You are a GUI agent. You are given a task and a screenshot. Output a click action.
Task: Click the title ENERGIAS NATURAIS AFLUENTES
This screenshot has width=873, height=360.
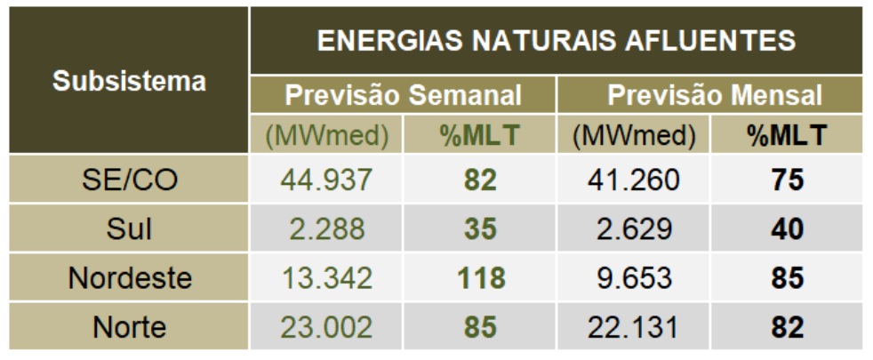coord(556,41)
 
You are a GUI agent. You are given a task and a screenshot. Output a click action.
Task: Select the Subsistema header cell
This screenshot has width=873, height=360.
coord(129,82)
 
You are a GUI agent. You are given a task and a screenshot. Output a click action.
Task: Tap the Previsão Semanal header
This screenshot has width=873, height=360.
coord(403,95)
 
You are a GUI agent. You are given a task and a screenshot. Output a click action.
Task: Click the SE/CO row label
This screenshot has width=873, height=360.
coord(129,180)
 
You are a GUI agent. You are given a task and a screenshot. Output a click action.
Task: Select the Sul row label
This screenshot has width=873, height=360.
coord(129,229)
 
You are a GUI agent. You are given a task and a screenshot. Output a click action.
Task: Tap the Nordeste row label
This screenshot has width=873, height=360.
coord(129,278)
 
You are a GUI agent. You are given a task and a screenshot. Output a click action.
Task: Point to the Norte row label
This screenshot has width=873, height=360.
coord(129,327)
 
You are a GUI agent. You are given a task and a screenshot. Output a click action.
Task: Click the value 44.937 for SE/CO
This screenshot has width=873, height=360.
coord(327,180)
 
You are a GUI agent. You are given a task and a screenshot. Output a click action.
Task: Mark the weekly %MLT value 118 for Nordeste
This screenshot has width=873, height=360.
coord(480,278)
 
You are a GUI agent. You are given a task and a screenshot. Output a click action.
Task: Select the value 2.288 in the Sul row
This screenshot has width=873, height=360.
coord(327,229)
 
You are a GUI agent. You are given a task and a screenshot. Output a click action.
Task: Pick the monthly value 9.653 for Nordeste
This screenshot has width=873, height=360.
coord(633,278)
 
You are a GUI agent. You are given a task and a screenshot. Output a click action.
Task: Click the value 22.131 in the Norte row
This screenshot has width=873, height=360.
coord(633,327)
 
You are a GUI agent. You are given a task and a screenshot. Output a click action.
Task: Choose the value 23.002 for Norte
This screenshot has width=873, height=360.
coord(327,327)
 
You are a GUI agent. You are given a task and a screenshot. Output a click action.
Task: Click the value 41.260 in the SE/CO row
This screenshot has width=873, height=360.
coord(633,180)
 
